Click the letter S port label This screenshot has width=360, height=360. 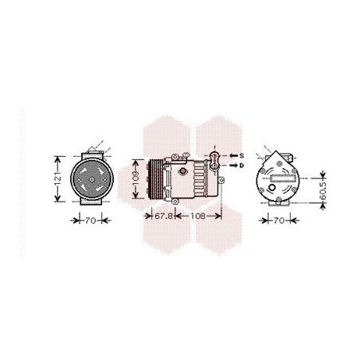pyautogui.click(x=242, y=155)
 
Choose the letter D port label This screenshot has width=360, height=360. pyautogui.click(x=242, y=166)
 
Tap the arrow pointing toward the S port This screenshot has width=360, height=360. pyautogui.click(x=232, y=155)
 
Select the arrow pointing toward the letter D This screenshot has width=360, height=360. pyautogui.click(x=232, y=166)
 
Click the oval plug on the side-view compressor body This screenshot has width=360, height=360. pyautogui.click(x=184, y=170)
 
